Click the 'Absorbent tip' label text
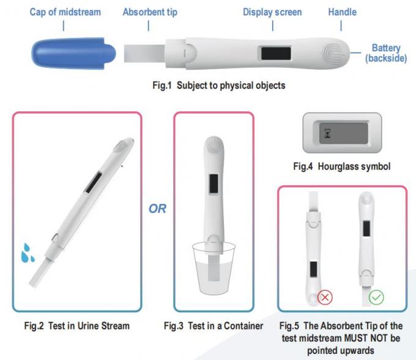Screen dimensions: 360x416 click(150, 12)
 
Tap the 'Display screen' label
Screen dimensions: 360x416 click(273, 12)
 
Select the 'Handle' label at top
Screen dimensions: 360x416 click(342, 12)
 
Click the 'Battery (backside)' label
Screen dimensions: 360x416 click(386, 53)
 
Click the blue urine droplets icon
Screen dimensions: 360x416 click(27, 253)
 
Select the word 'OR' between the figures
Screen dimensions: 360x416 click(157, 209)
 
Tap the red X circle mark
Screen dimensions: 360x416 click(325, 298)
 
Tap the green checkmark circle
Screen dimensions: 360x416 click(376, 298)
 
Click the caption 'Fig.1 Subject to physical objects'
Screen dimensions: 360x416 click(218, 86)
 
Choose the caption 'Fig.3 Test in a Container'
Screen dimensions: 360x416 click(214, 326)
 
